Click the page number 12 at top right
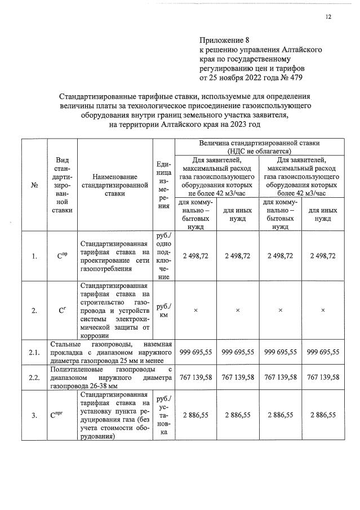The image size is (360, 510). (328, 17)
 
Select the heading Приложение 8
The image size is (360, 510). (224, 41)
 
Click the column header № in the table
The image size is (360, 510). (34, 184)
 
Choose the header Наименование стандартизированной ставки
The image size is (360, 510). (114, 184)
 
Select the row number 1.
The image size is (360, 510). (34, 256)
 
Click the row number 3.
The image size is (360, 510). (34, 415)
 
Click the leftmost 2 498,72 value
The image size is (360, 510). (195, 256)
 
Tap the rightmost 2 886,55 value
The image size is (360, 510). (323, 415)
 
